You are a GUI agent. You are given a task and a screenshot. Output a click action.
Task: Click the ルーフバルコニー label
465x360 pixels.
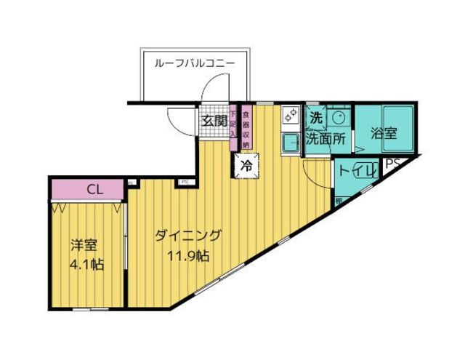[x=194, y=63]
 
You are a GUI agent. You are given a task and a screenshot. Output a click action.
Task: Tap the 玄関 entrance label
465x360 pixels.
[x=212, y=121]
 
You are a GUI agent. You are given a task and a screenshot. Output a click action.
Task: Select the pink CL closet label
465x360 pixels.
[x=94, y=190]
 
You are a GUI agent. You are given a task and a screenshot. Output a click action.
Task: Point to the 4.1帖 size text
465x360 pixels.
[x=86, y=264]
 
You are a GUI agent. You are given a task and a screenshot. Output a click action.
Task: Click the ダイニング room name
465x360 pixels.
[x=188, y=236]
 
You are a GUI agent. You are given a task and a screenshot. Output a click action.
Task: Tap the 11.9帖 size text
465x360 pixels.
[x=190, y=256]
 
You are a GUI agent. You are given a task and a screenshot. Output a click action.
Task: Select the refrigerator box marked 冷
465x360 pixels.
[x=246, y=165]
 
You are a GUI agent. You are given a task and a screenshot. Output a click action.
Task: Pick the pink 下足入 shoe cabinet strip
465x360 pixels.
[x=232, y=122]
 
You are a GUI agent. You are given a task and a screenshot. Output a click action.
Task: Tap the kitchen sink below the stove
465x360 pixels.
[x=291, y=143]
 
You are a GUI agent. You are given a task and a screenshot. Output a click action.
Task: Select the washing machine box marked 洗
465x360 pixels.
[x=316, y=116]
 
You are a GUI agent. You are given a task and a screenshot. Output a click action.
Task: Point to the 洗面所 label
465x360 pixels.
[x=325, y=139]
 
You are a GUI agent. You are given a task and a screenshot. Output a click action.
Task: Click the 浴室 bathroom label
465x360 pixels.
[x=383, y=134]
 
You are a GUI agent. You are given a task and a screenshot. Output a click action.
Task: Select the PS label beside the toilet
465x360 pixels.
[x=392, y=164]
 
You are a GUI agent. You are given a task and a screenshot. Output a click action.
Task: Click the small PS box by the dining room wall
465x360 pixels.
[x=185, y=182]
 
